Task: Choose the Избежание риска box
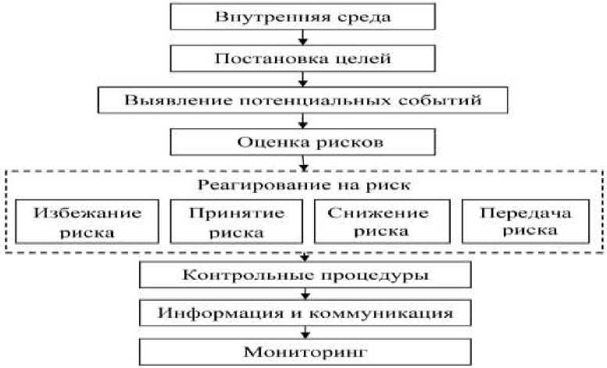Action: [75, 221]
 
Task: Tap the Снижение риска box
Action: [379, 221]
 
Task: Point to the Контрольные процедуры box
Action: [305, 275]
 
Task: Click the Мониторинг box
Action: [305, 352]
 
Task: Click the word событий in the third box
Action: [457, 101]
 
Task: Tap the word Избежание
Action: [75, 213]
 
